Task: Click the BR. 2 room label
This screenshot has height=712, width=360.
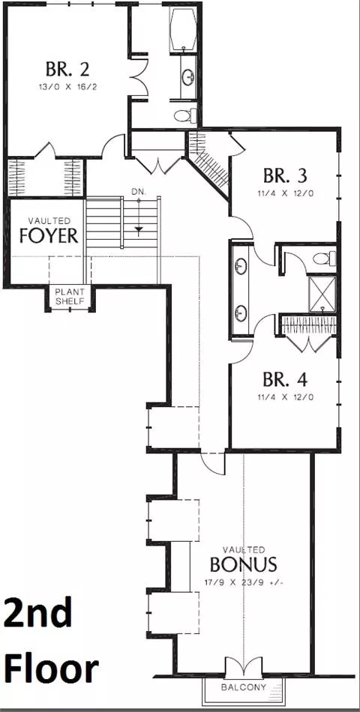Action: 67,69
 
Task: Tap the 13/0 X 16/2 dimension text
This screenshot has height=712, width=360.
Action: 67,86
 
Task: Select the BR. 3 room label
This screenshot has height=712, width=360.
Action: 286,175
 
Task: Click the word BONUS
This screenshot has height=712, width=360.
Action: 243,564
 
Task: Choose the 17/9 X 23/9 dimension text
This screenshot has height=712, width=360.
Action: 243,582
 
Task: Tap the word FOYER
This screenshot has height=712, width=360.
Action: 49,236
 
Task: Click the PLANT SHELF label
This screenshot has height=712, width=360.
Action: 70,296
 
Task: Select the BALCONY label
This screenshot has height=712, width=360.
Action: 244,687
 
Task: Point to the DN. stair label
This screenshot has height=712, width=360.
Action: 139,192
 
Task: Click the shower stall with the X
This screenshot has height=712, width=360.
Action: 322,293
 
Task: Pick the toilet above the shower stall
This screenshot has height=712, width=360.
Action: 324,259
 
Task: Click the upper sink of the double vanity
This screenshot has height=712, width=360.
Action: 240,266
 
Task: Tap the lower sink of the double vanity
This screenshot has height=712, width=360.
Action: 240,313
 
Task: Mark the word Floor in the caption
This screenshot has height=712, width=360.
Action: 50,669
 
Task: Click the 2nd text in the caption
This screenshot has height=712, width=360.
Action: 38,613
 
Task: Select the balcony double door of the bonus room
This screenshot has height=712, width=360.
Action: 244,669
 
